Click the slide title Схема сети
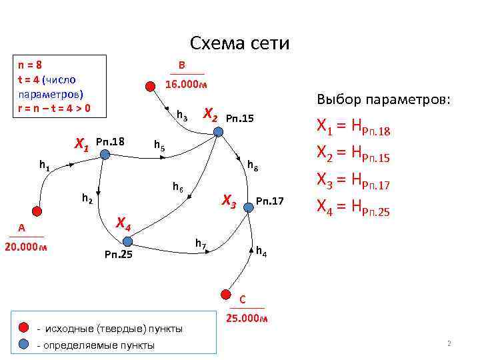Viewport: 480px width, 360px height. tap(240, 43)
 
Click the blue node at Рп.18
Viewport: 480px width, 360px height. tap(105, 155)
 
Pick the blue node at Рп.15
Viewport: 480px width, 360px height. tap(218, 131)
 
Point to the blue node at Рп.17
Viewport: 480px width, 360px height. tap(249, 207)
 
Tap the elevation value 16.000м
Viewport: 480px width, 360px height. tap(186, 85)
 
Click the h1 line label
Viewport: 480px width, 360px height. tap(44, 164)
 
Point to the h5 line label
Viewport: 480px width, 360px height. tap(159, 145)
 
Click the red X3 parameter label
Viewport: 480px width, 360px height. tap(229, 199)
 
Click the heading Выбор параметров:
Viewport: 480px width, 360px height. tap(383, 99)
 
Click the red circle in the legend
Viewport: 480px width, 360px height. tap(23, 328)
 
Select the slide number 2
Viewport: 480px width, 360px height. tap(449, 344)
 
